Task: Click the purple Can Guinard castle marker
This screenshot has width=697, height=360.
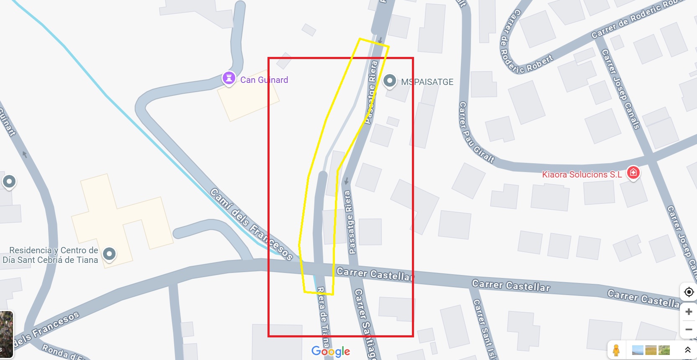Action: coord(229,78)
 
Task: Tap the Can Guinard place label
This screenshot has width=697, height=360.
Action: coord(264,80)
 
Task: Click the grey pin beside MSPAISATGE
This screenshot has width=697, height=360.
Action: coord(390,80)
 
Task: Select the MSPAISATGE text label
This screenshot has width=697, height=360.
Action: coord(427,82)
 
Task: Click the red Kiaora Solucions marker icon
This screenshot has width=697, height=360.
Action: coord(633,172)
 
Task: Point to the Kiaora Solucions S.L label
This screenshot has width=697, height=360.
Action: coord(582,175)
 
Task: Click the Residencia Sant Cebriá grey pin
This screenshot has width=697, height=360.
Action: coord(109,253)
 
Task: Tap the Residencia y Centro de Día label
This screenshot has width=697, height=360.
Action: coord(51,255)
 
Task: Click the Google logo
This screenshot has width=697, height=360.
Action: coord(331,351)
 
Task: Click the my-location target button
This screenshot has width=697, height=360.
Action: coord(689,292)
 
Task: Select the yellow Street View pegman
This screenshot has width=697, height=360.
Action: coord(616,350)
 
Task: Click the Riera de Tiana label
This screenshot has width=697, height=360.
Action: coord(322,312)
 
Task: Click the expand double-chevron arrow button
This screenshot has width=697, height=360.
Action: coord(687,350)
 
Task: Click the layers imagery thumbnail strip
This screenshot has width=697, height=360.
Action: coord(651,350)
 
